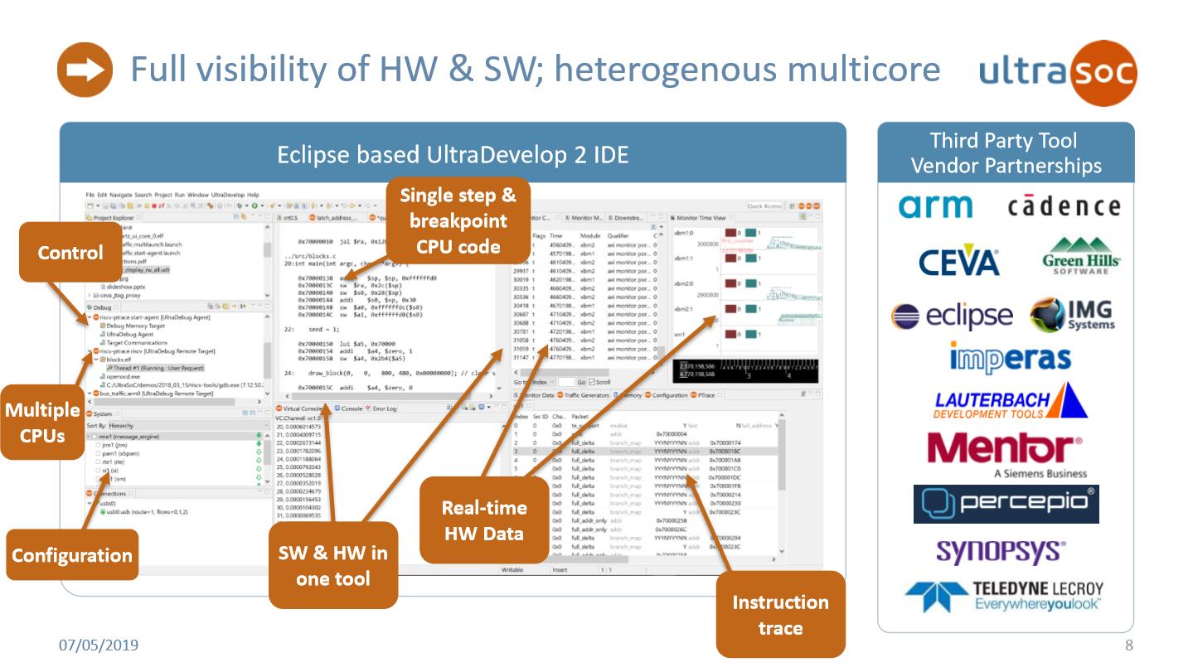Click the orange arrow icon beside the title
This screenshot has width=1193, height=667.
(x=84, y=70)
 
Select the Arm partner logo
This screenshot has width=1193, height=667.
(x=936, y=206)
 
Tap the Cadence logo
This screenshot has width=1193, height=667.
(x=1064, y=206)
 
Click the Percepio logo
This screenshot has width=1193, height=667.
(x=1006, y=504)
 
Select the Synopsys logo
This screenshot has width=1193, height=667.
(x=989, y=552)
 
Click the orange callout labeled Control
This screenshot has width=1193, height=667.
(x=70, y=253)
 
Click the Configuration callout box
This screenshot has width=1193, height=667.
(x=71, y=555)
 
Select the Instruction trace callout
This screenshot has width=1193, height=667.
(x=779, y=614)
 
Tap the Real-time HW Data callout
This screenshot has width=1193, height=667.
(x=483, y=521)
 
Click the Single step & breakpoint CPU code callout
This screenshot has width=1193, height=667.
(x=458, y=220)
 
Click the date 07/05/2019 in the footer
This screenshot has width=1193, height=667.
(x=98, y=645)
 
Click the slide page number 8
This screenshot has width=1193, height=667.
(x=1128, y=645)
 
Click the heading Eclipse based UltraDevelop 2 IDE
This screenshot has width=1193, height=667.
(x=452, y=154)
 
